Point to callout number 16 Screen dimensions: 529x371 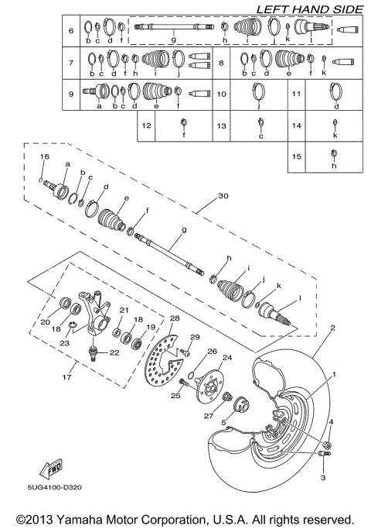coord(44,156)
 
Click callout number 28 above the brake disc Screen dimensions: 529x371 coord(175,318)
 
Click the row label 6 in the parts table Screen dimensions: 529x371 coord(70,31)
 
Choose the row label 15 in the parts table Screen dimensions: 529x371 coord(297,155)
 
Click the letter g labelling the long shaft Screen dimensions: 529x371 coord(184,230)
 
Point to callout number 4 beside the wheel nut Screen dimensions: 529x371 coord(332,422)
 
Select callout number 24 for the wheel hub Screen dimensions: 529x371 coord(226,358)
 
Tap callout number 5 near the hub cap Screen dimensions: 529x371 coord(225,421)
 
